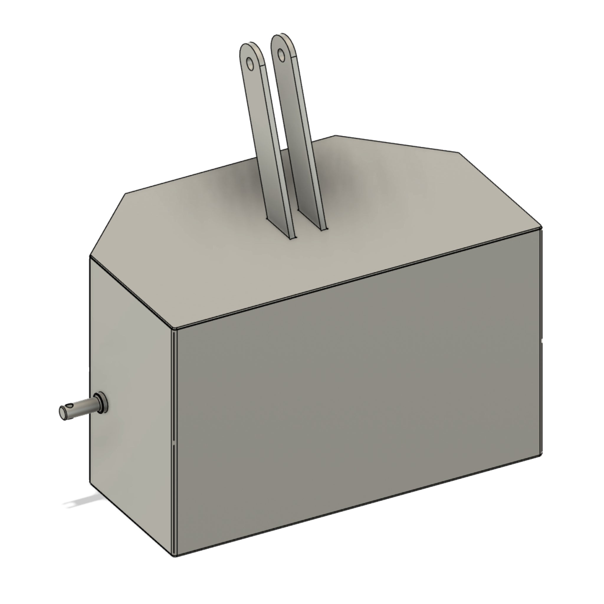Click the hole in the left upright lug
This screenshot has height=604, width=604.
[250, 63]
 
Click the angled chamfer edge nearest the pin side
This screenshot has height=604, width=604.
[108, 225]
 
